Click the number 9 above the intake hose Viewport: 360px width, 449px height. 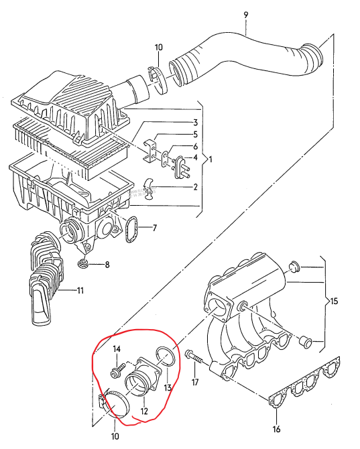click(246, 15)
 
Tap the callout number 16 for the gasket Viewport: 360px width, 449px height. click(276, 430)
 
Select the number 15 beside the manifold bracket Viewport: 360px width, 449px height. click(334, 302)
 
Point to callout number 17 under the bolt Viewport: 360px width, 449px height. click(195, 382)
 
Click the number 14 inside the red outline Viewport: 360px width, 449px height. click(117, 349)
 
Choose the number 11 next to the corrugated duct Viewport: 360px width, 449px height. click(80, 291)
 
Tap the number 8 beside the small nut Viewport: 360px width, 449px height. click(107, 264)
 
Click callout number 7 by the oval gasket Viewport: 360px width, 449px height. click(155, 228)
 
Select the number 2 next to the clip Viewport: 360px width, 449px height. click(195, 187)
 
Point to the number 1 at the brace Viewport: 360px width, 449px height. click(211, 159)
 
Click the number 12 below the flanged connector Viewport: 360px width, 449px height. click(144, 411)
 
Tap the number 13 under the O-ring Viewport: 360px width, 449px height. click(168, 388)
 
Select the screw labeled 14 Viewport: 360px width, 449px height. click(118, 369)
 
